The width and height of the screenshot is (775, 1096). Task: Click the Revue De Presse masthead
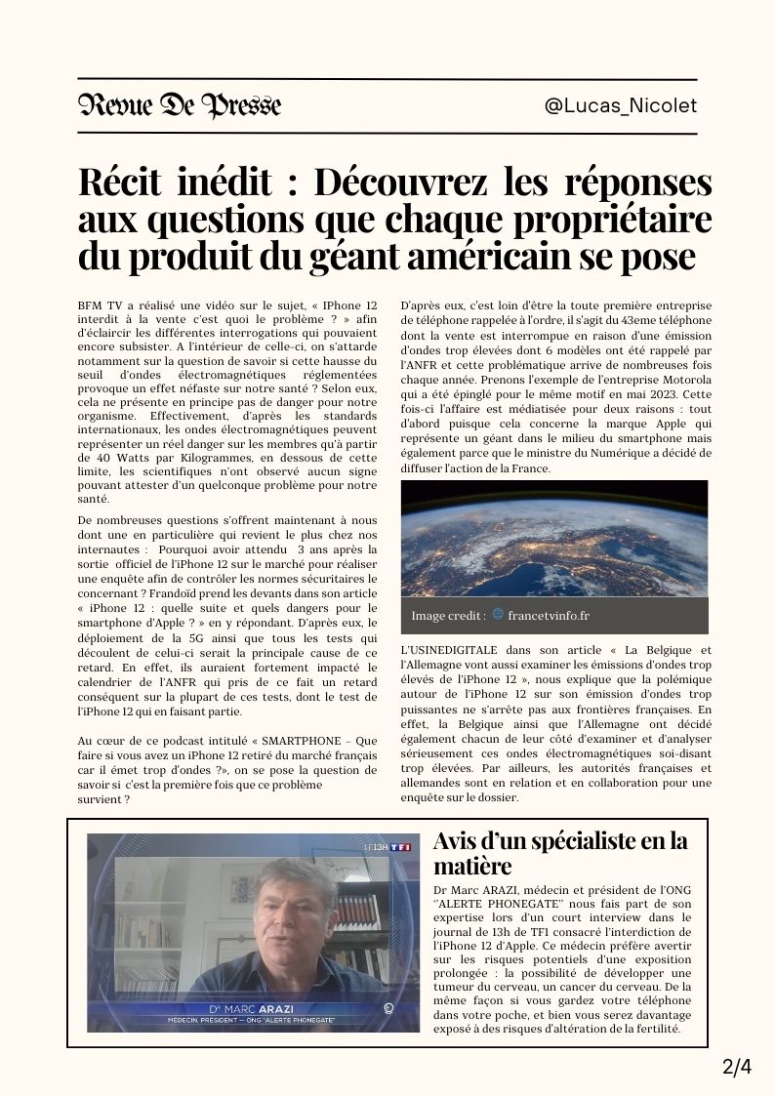180,105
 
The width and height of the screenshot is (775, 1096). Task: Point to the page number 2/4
737,1067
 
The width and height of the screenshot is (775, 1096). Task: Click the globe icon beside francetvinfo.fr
498,615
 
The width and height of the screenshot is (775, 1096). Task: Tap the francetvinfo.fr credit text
549,616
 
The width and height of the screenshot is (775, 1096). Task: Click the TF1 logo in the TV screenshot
399,847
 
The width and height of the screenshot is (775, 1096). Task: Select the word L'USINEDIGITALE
450,650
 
